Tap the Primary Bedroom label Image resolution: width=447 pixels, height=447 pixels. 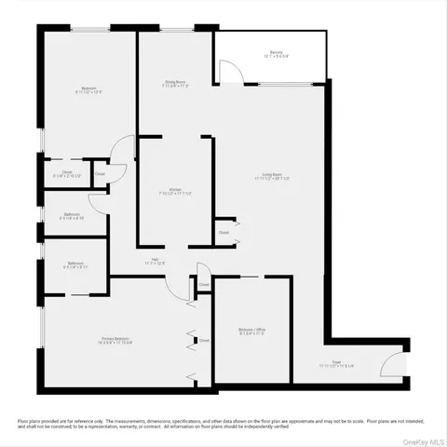pyautogui.click(x=116, y=338)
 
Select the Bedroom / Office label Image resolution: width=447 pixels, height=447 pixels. pyautogui.click(x=252, y=330)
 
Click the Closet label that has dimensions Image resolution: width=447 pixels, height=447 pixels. pyautogui.click(x=68, y=171)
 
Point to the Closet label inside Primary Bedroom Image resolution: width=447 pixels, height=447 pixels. pyautogui.click(x=203, y=341)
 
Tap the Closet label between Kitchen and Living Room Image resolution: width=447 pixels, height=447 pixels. pyautogui.click(x=223, y=232)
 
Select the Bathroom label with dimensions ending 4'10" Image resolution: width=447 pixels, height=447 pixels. pyautogui.click(x=73, y=214)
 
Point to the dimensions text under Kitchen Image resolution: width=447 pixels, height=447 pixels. pyautogui.click(x=174, y=194)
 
